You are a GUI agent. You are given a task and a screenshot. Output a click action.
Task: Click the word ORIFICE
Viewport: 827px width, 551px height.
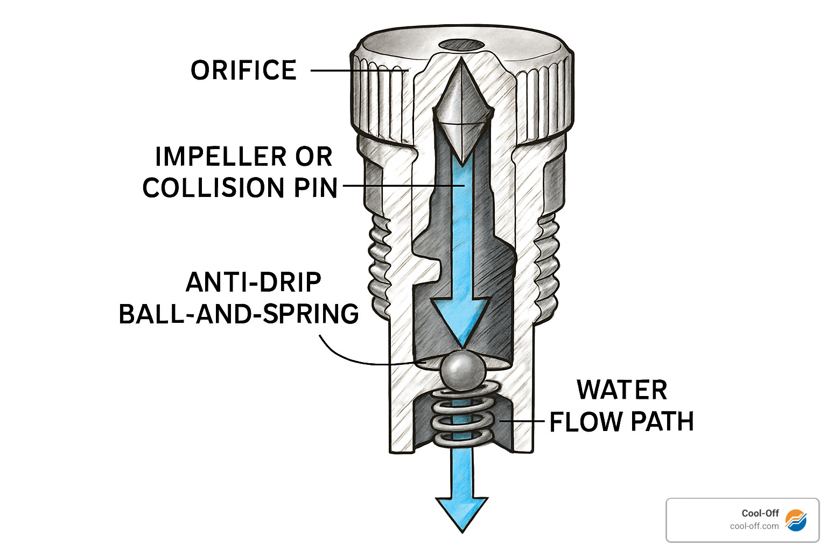pyautogui.click(x=243, y=70)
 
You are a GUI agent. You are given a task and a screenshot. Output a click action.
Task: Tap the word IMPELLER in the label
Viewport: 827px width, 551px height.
pyautogui.click(x=213, y=157)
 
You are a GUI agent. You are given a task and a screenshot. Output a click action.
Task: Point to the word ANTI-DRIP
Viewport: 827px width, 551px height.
pyautogui.click(x=253, y=282)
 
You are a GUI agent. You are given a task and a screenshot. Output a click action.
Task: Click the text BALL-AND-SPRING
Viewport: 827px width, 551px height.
pyautogui.click(x=239, y=314)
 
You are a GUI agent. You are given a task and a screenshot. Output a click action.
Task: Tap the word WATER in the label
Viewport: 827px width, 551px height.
pyautogui.click(x=622, y=390)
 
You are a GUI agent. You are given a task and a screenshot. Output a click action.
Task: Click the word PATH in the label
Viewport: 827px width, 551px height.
pyautogui.click(x=662, y=422)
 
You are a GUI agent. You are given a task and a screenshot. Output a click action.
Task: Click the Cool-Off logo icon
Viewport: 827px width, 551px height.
pyautogui.click(x=796, y=520)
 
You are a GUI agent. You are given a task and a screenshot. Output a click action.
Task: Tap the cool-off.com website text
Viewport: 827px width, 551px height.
pyautogui.click(x=754, y=526)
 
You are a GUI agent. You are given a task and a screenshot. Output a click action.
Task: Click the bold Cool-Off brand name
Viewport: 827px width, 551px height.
pyautogui.click(x=760, y=513)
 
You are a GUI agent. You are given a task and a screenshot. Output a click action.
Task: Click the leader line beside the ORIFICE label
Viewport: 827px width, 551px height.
pyautogui.click(x=358, y=70)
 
